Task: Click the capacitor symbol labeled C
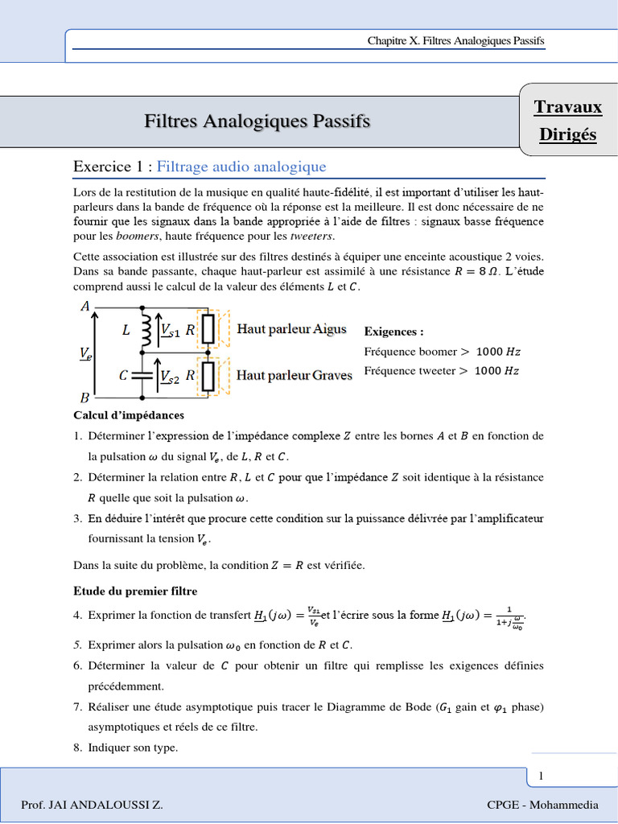pos(142,375)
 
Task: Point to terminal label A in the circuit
pos(85,306)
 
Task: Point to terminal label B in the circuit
pos(85,398)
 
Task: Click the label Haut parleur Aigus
pos(291,328)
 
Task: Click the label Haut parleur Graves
pos(294,376)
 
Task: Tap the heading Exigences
pos(393,332)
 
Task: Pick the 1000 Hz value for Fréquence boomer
pos(497,352)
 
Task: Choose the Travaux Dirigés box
pos(568,121)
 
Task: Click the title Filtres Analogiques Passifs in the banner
pos(257,122)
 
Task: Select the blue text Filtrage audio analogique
pos(241,167)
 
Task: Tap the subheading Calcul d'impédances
pos(129,415)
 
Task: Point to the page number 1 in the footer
pos(542,776)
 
